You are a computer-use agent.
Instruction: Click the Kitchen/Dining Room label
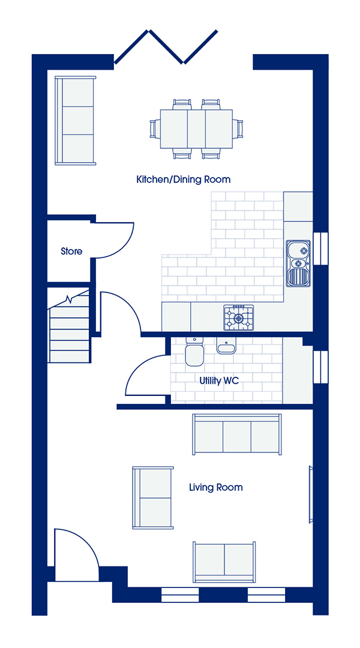(x=183, y=180)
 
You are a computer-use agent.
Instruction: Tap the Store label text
(x=71, y=251)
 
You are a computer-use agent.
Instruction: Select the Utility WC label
(x=219, y=380)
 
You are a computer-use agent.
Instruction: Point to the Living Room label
(x=215, y=487)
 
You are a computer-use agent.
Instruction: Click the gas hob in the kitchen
(x=239, y=317)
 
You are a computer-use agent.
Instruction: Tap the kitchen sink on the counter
(x=298, y=263)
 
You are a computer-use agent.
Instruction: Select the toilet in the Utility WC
(x=194, y=351)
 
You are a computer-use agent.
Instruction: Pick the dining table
(x=196, y=128)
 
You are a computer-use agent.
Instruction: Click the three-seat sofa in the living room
(x=237, y=434)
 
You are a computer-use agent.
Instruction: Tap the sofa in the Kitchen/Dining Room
(x=76, y=120)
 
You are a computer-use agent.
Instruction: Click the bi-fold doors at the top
(x=166, y=47)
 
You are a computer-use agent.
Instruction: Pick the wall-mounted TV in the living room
(x=311, y=494)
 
